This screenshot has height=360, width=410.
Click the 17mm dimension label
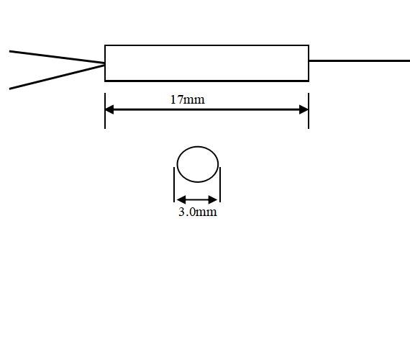(x=188, y=100)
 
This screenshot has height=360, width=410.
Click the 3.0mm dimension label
(x=198, y=212)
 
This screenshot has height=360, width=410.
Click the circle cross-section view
(x=198, y=146)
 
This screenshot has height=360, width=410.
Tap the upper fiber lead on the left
(x=57, y=57)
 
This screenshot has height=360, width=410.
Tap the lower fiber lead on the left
(x=57, y=77)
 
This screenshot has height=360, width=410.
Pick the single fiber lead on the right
(x=360, y=60)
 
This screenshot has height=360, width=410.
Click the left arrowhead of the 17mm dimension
(x=109, y=109)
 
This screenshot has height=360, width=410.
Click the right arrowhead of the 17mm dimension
(x=304, y=109)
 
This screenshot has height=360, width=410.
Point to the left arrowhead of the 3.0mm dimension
(x=181, y=199)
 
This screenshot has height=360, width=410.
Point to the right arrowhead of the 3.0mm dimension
(x=213, y=199)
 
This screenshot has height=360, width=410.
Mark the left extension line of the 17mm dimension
(x=105, y=111)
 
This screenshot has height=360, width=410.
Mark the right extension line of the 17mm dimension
(x=309, y=111)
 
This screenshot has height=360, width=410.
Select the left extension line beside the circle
(x=174, y=184)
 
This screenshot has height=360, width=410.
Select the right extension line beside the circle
(x=220, y=184)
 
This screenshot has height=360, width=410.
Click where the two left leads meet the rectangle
(x=105, y=64)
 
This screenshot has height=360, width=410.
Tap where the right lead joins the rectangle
(x=309, y=60)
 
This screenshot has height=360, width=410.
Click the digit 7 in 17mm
(x=180, y=100)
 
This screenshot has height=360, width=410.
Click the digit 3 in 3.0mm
(x=181, y=212)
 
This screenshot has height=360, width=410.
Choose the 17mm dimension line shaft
(x=206, y=109)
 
